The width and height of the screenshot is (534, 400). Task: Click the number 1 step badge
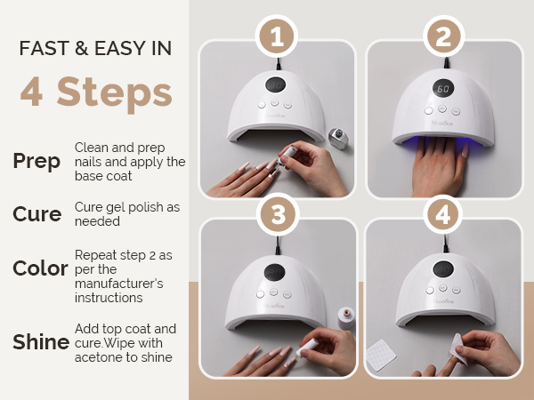click(x=277, y=36)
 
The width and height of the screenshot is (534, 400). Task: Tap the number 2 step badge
click(x=444, y=36)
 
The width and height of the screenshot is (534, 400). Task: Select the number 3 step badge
click(x=278, y=214)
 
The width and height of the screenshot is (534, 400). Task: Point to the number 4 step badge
click(x=442, y=214)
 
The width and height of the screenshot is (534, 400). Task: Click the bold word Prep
click(x=36, y=161)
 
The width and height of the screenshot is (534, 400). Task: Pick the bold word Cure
click(x=37, y=214)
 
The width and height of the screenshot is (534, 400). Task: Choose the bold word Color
click(x=40, y=268)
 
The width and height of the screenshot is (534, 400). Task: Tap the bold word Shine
click(x=41, y=341)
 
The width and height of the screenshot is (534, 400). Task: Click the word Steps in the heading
click(x=115, y=92)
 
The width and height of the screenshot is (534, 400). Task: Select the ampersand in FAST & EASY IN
click(x=81, y=48)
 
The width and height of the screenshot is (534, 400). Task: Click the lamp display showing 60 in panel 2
click(x=443, y=89)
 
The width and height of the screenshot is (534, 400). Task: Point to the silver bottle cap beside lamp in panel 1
click(x=338, y=139)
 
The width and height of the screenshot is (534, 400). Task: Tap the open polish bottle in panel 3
click(x=345, y=318)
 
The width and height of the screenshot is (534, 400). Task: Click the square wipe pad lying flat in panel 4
click(x=381, y=355)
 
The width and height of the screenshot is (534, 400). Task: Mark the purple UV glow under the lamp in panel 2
click(x=442, y=144)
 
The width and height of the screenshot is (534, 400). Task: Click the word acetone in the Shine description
click(x=96, y=357)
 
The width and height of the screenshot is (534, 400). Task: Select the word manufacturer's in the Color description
click(x=119, y=284)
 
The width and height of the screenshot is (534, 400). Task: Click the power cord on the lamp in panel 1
click(x=279, y=64)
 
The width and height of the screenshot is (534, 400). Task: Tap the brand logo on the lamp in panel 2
click(x=442, y=123)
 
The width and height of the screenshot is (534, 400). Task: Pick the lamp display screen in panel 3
click(x=274, y=272)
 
